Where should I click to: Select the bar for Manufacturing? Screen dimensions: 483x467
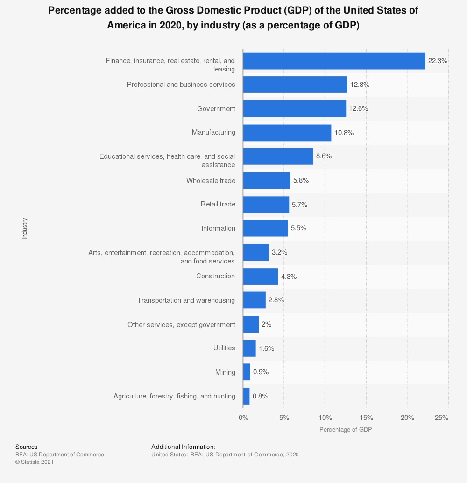pyautogui.click(x=287, y=133)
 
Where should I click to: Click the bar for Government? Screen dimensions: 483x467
pyautogui.click(x=294, y=109)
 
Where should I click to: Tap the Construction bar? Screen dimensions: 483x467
pyautogui.click(x=260, y=277)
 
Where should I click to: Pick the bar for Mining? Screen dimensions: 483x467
pyautogui.click(x=247, y=372)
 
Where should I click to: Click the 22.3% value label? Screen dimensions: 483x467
pyautogui.click(x=438, y=61)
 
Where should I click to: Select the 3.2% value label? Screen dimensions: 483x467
pyautogui.click(x=279, y=252)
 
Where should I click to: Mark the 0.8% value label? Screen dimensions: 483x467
pyautogui.click(x=260, y=396)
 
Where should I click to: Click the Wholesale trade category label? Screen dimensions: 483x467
pyautogui.click(x=211, y=181)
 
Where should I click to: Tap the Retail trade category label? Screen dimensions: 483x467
pyautogui.click(x=218, y=204)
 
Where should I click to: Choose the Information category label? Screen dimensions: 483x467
pyautogui.click(x=218, y=228)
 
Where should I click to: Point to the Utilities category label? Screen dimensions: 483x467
pyautogui.click(x=224, y=348)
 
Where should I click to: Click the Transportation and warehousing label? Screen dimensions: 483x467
pyautogui.click(x=186, y=300)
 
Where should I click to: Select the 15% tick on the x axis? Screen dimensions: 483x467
pyautogui.click(x=366, y=418)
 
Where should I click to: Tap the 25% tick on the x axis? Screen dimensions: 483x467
pyautogui.click(x=441, y=418)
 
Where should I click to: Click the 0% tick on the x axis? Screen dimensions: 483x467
pyautogui.click(x=243, y=418)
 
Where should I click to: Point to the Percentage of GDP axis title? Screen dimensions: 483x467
pyautogui.click(x=346, y=429)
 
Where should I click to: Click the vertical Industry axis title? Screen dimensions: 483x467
pyautogui.click(x=25, y=228)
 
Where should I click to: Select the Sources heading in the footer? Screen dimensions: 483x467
pyautogui.click(x=26, y=447)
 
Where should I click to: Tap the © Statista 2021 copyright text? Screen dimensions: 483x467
pyautogui.click(x=35, y=462)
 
